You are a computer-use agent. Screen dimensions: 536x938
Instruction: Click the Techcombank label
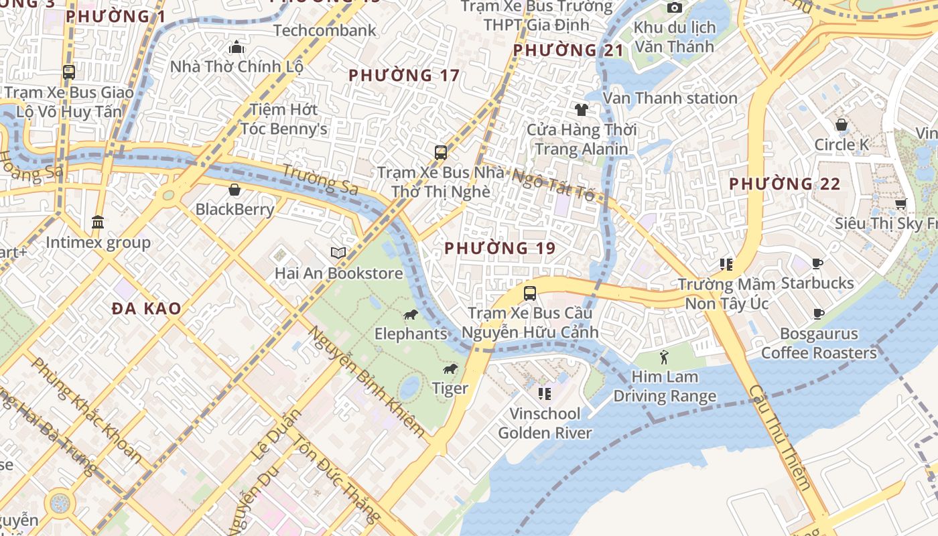pos(325,30)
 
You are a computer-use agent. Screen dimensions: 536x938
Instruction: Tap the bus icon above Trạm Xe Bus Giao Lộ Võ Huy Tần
pos(68,72)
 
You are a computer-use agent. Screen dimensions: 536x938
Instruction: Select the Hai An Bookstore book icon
pos(338,253)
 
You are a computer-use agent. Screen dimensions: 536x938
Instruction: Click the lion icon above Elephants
pos(410,314)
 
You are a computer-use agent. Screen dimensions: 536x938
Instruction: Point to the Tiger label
pos(450,388)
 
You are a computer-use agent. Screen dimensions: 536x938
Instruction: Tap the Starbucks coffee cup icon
pos(817,263)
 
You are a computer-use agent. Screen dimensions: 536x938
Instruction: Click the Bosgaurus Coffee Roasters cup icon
pos(818,314)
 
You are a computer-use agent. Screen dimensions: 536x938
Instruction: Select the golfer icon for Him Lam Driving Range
pos(664,356)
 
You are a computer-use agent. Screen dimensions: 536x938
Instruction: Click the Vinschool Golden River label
pos(545,423)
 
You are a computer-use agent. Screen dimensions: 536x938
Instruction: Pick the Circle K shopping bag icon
pos(841,125)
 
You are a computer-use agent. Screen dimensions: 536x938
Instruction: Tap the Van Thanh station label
pos(670,98)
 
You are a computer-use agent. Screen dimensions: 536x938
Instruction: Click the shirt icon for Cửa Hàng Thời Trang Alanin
pos(581,109)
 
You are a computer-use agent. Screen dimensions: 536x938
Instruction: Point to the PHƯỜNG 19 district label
pos(500,248)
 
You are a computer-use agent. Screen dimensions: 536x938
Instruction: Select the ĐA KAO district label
pos(147,308)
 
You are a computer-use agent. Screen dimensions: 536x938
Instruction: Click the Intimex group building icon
pos(98,222)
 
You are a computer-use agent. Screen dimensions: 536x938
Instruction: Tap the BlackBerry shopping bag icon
pos(234,190)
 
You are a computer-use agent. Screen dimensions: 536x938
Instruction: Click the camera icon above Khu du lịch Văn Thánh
pos(674,7)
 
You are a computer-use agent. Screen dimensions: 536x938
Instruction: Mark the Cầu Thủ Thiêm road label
pos(781,437)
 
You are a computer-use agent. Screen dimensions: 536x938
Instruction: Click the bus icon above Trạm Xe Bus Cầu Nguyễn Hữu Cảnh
pos(529,293)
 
